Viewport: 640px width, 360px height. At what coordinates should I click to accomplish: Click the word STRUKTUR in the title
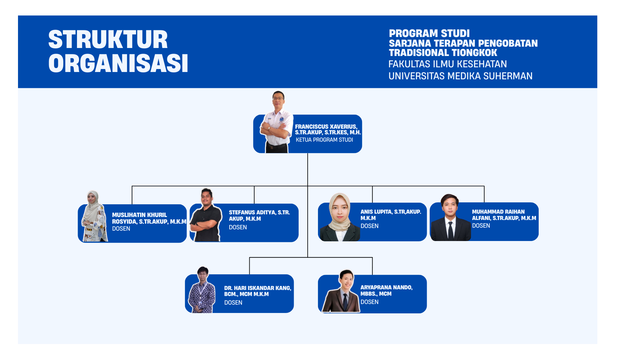[x=108, y=40]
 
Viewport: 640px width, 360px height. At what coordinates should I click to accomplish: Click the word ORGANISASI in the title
[x=118, y=63]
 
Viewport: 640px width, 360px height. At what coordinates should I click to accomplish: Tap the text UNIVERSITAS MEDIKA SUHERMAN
[x=460, y=76]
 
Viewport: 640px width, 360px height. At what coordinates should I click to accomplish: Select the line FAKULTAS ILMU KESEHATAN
[x=447, y=64]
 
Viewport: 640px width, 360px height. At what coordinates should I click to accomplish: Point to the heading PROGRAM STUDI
[x=429, y=33]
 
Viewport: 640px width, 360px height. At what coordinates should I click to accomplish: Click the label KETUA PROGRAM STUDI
[x=324, y=140]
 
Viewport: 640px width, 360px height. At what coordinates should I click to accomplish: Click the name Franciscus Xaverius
[x=326, y=127]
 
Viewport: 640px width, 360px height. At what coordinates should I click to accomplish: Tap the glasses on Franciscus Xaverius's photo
[x=278, y=99]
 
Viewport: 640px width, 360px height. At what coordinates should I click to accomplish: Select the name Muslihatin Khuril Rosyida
[x=149, y=218]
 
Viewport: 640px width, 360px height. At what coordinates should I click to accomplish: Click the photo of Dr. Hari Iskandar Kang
[x=202, y=290]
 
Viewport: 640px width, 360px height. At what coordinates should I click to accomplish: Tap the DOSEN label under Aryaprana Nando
[x=369, y=302]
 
